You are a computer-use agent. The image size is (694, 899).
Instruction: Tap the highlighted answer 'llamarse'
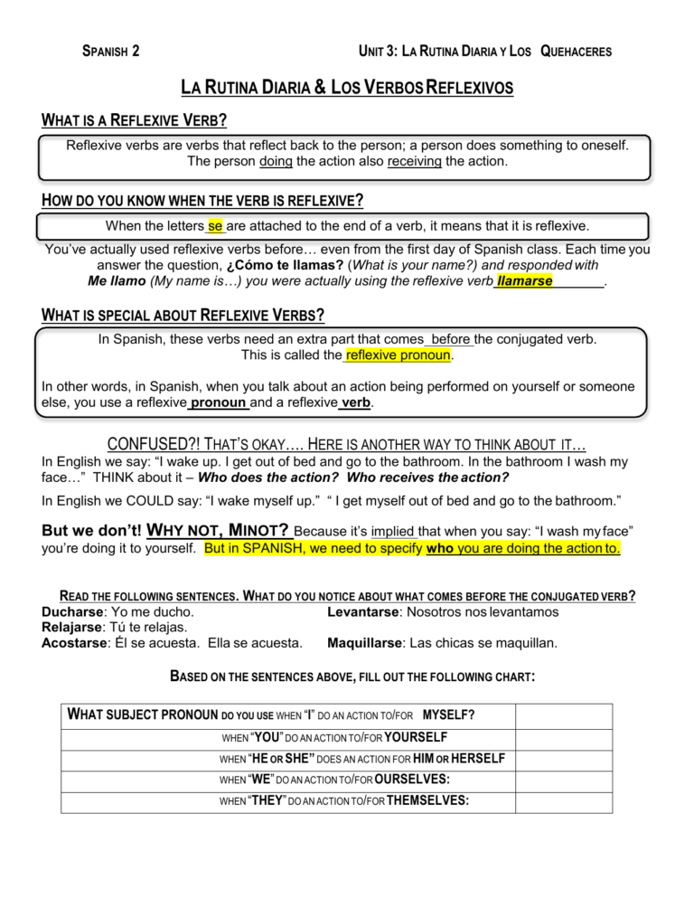pyautogui.click(x=525, y=281)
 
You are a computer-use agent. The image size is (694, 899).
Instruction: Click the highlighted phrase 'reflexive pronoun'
pyautogui.click(x=399, y=355)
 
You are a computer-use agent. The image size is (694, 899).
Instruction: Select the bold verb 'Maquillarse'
pyautogui.click(x=364, y=643)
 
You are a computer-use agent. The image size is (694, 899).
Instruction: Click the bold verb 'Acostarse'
pyautogui.click(x=76, y=643)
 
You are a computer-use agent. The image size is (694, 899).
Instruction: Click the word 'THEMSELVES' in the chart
pyautogui.click(x=427, y=800)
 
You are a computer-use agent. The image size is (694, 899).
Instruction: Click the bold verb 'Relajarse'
pyautogui.click(x=74, y=628)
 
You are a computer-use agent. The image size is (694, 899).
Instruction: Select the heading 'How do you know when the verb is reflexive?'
pyautogui.click(x=203, y=200)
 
